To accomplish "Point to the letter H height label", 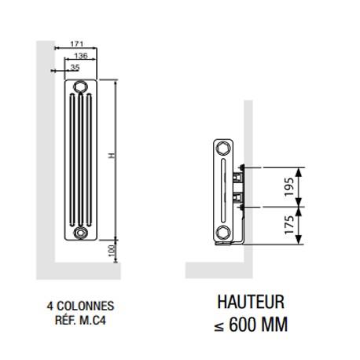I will point(112,157).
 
